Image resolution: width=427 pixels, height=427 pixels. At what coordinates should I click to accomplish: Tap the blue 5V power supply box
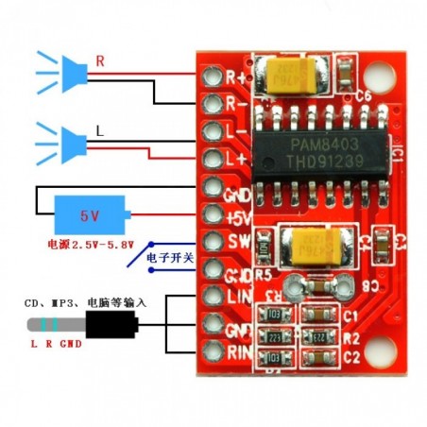pyautogui.click(x=89, y=215)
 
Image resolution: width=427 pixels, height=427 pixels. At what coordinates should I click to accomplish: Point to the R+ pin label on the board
pyautogui.click(x=236, y=76)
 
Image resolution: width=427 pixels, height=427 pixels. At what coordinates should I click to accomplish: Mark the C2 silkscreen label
pyautogui.click(x=351, y=357)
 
